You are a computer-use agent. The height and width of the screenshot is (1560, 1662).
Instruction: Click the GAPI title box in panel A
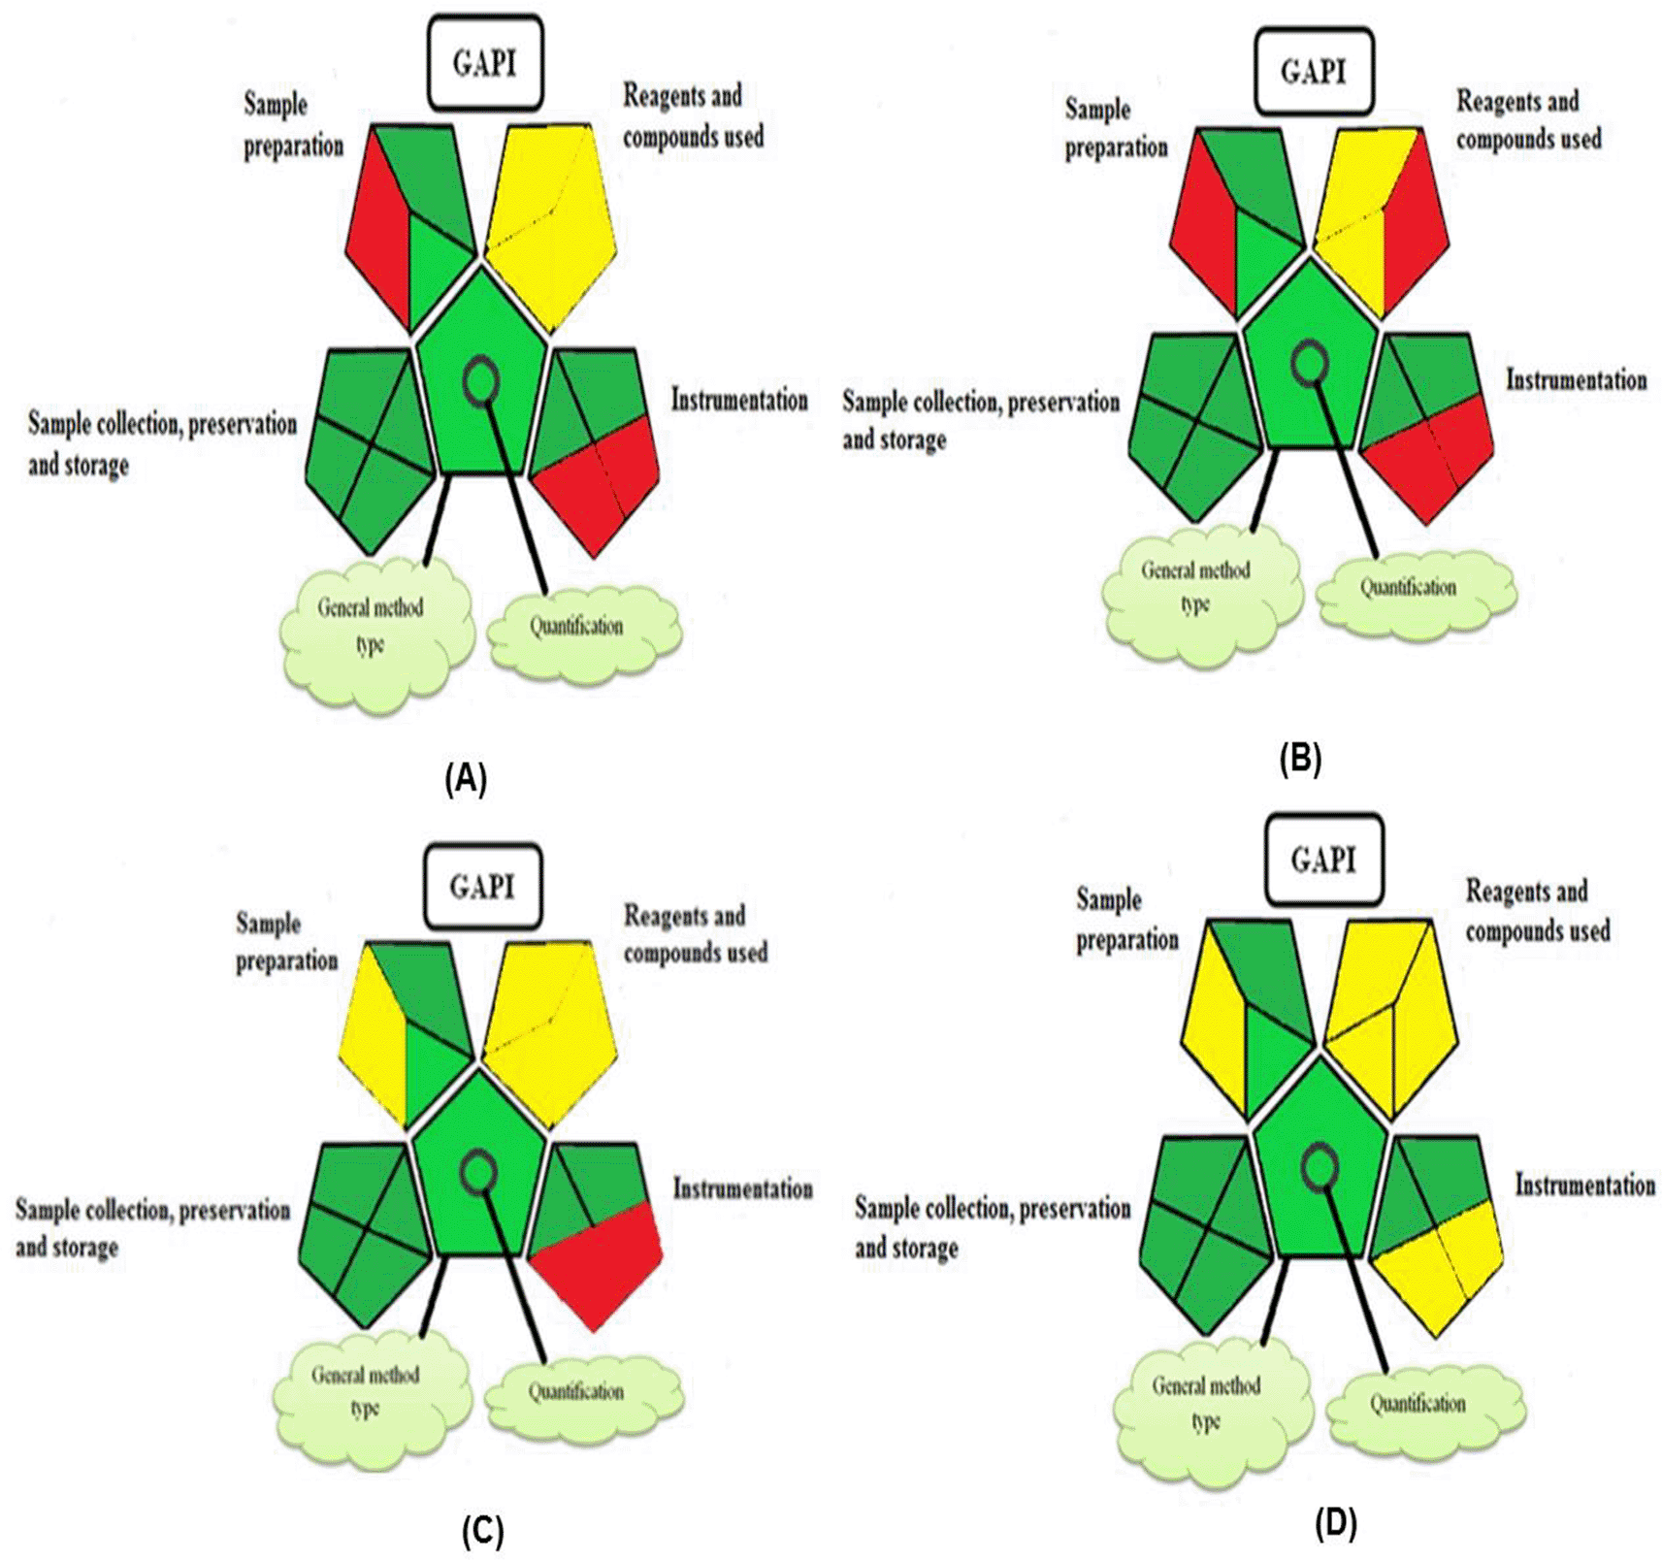pyautogui.click(x=484, y=64)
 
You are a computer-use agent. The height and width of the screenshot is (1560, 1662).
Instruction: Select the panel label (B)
pyautogui.click(x=1300, y=760)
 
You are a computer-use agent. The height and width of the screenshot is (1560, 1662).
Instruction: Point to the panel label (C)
pyautogui.click(x=482, y=1532)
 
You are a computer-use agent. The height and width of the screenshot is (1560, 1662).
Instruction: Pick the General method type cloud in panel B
pyautogui.click(x=1199, y=592)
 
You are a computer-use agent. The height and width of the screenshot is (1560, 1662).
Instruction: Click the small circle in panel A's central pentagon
pyautogui.click(x=481, y=380)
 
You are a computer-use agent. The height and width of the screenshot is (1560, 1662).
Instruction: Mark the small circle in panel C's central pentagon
pyautogui.click(x=478, y=1173)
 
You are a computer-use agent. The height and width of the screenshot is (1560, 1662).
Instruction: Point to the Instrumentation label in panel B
pyautogui.click(x=1576, y=380)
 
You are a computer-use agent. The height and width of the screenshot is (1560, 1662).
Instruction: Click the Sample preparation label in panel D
pyautogui.click(x=1126, y=920)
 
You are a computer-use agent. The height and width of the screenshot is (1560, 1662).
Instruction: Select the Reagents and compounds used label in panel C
pyautogui.click(x=695, y=934)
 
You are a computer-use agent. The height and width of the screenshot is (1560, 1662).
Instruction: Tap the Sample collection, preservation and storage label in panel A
pyautogui.click(x=161, y=443)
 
